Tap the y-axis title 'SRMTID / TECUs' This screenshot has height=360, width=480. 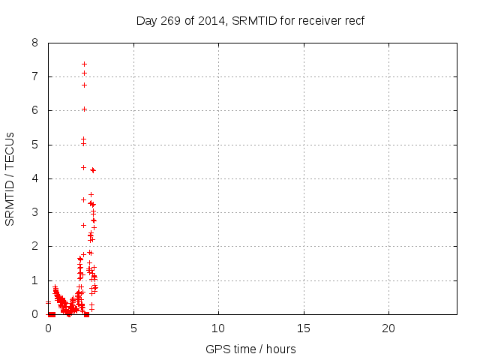[x=10, y=178]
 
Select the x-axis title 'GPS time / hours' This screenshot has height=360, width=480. [x=250, y=349]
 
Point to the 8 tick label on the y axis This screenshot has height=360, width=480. [x=34, y=43]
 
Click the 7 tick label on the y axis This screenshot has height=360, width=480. [x=34, y=76]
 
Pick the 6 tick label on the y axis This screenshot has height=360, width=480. [x=34, y=110]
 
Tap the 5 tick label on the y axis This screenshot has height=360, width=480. [x=34, y=145]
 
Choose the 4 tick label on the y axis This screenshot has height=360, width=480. [x=34, y=178]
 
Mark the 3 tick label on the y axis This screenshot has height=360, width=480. [x=34, y=212]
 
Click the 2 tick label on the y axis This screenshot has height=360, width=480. [x=34, y=246]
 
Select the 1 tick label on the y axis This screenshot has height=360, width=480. [x=34, y=280]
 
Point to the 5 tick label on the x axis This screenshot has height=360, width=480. [x=133, y=328]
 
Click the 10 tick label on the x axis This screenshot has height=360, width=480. [x=218, y=328]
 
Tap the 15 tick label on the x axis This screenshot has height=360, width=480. [x=303, y=328]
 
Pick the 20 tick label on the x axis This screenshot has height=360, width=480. [x=388, y=328]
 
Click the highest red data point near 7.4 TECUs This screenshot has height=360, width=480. [x=84, y=64]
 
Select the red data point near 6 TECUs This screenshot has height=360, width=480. [x=84, y=109]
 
